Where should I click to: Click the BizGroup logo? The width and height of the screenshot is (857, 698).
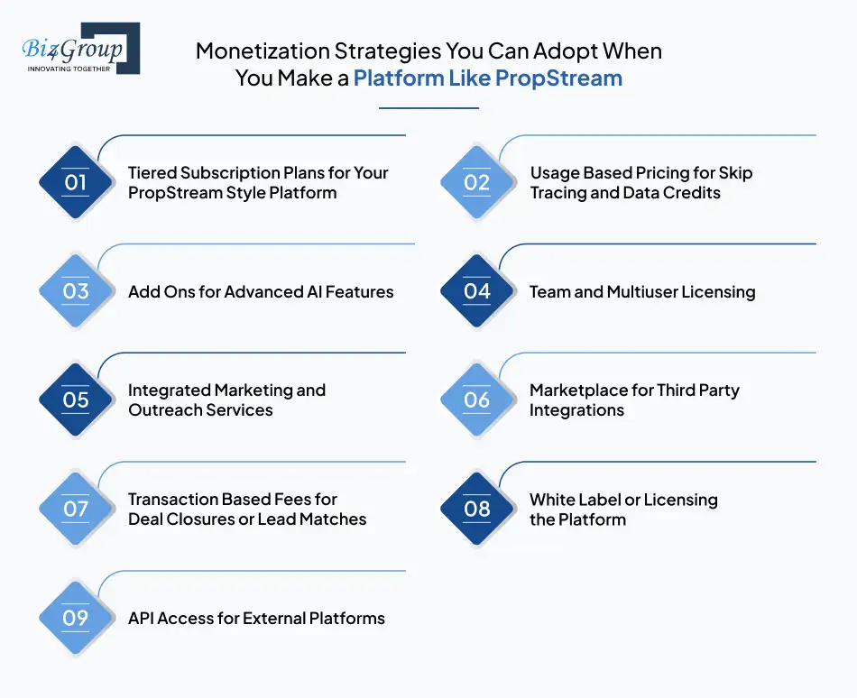[x=79, y=48]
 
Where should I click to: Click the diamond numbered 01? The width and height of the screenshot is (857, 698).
[x=76, y=183]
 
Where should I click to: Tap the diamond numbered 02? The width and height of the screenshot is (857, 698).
[x=477, y=183]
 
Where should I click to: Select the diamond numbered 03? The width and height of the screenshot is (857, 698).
[x=76, y=292]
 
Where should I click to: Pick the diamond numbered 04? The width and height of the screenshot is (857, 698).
[x=477, y=292]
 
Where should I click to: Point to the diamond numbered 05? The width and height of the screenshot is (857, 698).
[x=76, y=400]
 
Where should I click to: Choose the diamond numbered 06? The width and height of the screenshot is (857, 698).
[x=477, y=400]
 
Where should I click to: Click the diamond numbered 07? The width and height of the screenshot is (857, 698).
[x=76, y=510]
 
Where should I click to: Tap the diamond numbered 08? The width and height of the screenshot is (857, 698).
[x=477, y=510]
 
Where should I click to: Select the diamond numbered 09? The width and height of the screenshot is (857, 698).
[x=76, y=619]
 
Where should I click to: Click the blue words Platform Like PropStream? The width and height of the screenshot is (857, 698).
[x=487, y=78]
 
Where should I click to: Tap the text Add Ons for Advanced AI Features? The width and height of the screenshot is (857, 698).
[x=261, y=292]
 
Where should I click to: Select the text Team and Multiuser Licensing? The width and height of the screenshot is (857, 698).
[x=642, y=292]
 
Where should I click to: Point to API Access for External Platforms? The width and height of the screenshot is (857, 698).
[x=256, y=619]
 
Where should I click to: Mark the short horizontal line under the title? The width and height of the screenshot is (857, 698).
[x=428, y=108]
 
